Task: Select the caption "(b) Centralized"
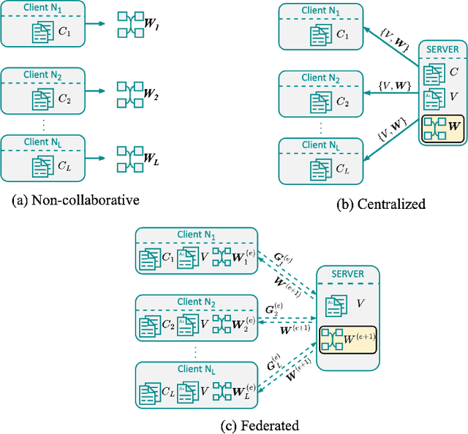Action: pyautogui.click(x=380, y=205)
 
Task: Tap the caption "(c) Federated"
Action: pyautogui.click(x=233, y=424)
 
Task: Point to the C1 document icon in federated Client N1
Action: pyautogui.click(x=148, y=259)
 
